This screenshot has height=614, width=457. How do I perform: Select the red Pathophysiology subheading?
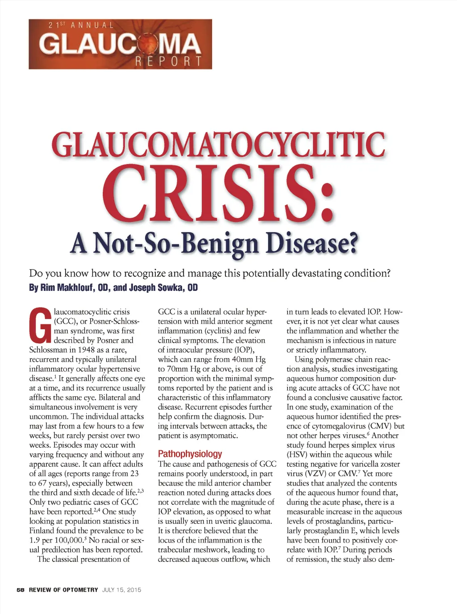pyautogui.click(x=190, y=454)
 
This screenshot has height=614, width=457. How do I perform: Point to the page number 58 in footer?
pyautogui.click(x=21, y=590)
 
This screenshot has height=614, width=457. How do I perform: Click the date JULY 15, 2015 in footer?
pyautogui.click(x=121, y=590)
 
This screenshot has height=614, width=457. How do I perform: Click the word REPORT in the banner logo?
pyautogui.click(x=168, y=61)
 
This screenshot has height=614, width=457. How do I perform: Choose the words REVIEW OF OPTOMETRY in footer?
pyautogui.click(x=63, y=590)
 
